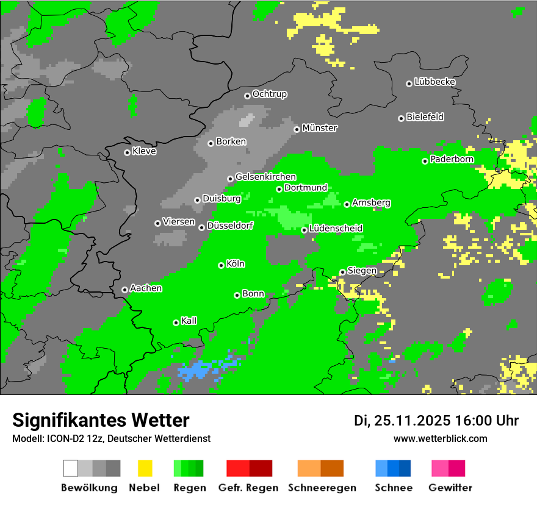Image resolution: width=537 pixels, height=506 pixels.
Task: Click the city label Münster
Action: click(x=320, y=128)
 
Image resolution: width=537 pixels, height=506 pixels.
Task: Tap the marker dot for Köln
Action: click(x=221, y=265)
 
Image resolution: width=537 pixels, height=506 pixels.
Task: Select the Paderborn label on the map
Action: click(x=452, y=160)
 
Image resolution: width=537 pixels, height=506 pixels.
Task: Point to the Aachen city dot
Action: click(x=124, y=290)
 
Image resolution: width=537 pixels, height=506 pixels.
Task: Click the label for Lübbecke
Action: click(x=434, y=82)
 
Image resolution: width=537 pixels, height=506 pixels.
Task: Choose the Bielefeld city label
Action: click(x=425, y=117)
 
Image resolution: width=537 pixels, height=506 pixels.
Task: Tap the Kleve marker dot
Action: click(x=127, y=152)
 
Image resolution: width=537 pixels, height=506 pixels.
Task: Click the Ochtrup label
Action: click(x=269, y=94)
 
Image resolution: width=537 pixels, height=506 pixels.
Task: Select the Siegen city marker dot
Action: click(x=342, y=272)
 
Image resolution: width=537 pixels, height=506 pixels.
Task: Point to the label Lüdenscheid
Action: click(x=336, y=229)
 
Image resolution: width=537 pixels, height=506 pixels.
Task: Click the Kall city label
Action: click(x=189, y=321)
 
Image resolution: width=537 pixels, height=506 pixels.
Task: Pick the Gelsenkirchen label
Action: click(x=265, y=177)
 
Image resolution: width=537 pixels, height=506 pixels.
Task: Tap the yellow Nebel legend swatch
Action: click(x=145, y=468)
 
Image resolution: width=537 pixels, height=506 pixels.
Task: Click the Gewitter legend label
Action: click(x=450, y=488)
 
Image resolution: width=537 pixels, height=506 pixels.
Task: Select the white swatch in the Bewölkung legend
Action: click(x=71, y=468)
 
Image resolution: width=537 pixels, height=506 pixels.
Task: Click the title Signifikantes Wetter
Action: click(x=101, y=421)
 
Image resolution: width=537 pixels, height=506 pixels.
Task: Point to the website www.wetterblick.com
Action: click(x=440, y=439)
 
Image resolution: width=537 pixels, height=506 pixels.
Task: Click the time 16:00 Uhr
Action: click(x=486, y=421)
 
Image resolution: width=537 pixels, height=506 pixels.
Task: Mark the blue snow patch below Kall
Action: click(x=195, y=369)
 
